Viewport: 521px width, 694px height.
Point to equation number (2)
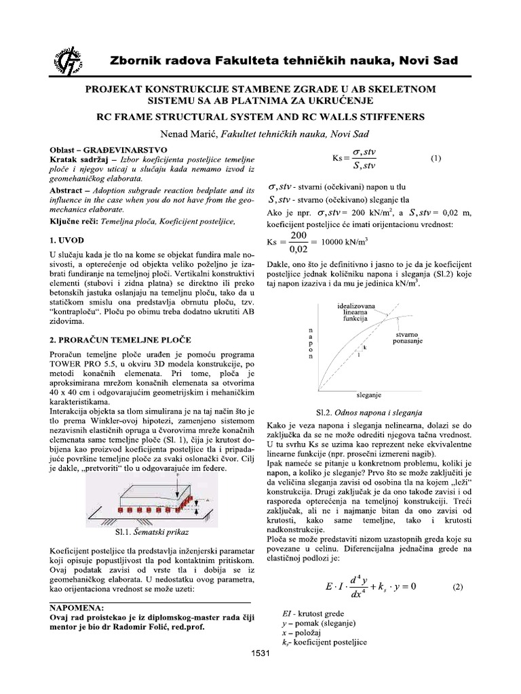pyautogui.click(x=457, y=587)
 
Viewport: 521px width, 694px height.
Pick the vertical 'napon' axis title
pyautogui.click(x=311, y=342)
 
